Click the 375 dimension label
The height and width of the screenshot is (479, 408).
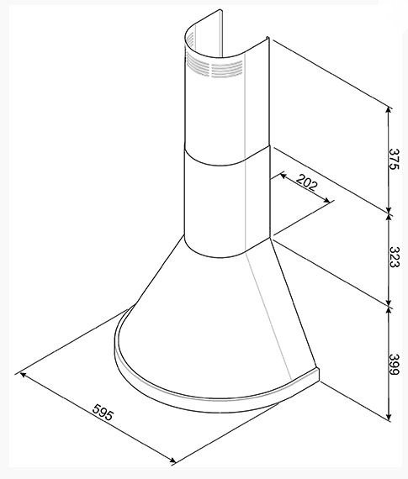[394, 159]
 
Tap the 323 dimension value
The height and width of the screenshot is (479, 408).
[394, 256]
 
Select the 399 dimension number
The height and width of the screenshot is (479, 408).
[394, 364]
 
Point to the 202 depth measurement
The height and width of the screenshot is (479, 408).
[307, 182]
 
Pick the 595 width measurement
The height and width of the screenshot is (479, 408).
[103, 412]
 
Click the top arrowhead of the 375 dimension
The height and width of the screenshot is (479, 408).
[389, 109]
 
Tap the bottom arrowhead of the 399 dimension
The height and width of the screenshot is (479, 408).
[389, 417]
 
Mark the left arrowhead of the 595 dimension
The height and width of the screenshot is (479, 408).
[23, 375]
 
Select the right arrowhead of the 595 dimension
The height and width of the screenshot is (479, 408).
[172, 460]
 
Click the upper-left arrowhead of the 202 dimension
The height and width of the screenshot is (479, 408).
[283, 176]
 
